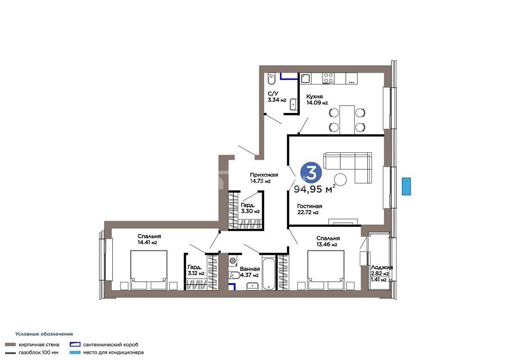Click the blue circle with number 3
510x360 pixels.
coord(311,172)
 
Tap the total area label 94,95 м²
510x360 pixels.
coord(314,189)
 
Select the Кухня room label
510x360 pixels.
coord(314,96)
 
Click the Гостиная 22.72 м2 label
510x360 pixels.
coord(310,209)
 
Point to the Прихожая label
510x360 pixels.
coord(264,175)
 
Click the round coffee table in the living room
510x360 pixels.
coord(341,179)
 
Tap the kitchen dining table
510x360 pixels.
coord(347,119)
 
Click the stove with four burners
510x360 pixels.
coord(328,78)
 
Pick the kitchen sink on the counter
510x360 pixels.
coord(306,78)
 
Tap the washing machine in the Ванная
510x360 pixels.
coord(233,260)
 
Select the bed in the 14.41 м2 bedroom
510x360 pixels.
coord(149,270)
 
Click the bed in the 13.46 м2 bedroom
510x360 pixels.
coord(326,270)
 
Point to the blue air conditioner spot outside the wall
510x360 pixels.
coord(406,187)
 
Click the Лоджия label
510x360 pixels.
coord(382,267)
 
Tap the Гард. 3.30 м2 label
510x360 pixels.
coord(250,208)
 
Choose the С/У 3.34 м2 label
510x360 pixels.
coord(277,97)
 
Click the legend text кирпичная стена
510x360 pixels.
coord(39,345)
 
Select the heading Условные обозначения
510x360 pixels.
coord(44,334)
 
